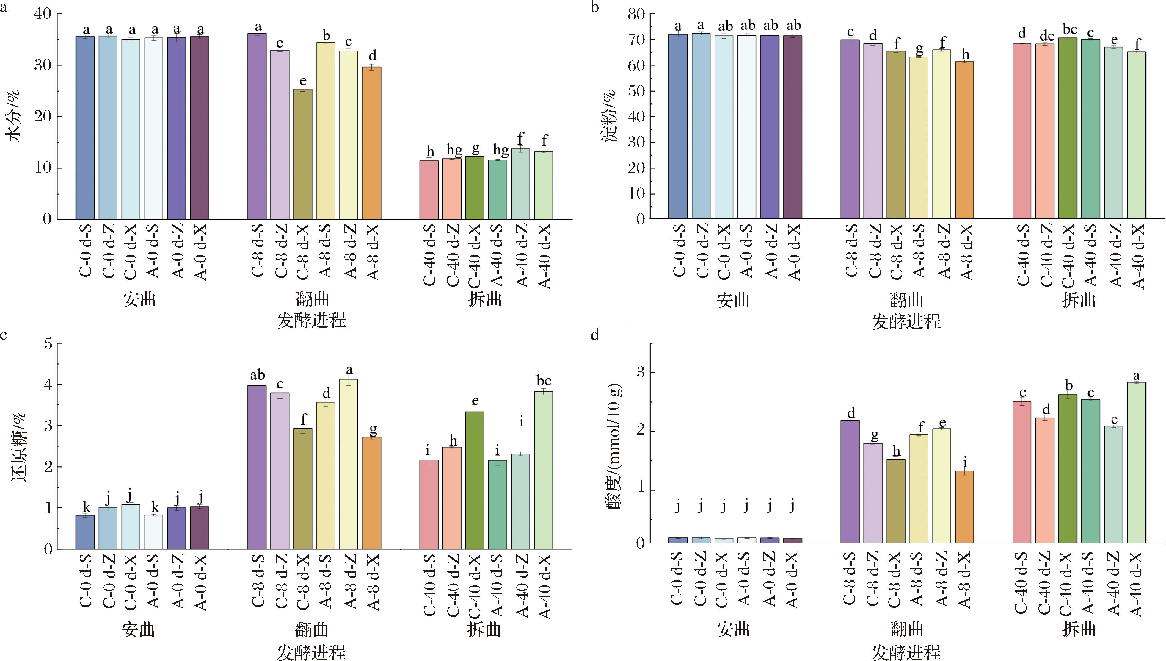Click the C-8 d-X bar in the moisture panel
(x=302, y=154)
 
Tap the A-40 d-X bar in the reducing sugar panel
(x=543, y=470)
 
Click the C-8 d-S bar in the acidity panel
(x=850, y=481)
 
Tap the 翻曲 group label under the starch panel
(x=906, y=300)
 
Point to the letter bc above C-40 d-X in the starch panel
(x=1069, y=29)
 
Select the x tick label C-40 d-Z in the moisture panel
(x=453, y=256)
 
